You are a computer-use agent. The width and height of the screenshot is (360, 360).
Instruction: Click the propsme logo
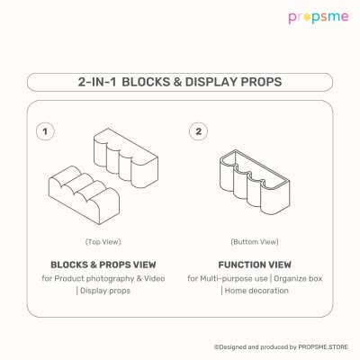point(319,17)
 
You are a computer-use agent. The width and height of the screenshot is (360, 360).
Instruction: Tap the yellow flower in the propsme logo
point(306,17)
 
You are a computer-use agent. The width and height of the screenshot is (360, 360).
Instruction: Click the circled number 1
point(45,131)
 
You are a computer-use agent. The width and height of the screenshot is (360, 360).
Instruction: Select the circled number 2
point(198,131)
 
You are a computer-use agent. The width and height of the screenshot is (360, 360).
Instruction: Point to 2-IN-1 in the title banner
point(97,82)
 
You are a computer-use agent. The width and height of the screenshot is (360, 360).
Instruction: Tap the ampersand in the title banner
point(177,82)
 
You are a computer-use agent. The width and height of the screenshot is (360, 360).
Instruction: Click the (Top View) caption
point(103,242)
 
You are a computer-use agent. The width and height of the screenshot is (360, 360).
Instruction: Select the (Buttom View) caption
point(255,242)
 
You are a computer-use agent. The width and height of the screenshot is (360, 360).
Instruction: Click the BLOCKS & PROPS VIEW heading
point(103,265)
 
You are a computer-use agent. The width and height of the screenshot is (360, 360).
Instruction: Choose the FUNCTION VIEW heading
point(255,265)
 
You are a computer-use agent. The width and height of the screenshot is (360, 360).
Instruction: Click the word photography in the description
point(110,279)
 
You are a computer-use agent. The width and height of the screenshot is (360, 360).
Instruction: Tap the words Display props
point(105,291)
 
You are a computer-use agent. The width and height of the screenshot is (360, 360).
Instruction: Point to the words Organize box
point(298,279)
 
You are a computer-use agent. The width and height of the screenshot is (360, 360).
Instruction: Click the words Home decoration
point(256,291)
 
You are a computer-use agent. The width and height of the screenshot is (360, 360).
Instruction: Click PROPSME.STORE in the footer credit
point(323,347)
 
